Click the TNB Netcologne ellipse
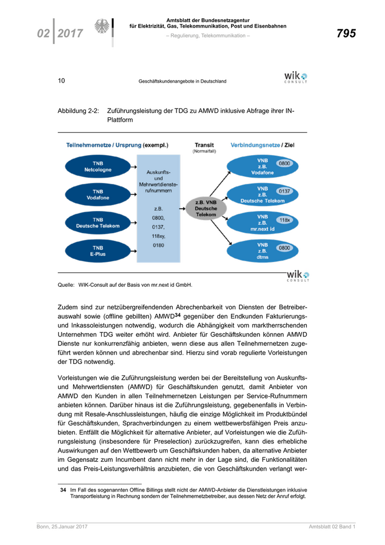click(97, 167)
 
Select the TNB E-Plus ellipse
click(97, 251)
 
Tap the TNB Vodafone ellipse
click(97, 194)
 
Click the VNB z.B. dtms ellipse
click(262, 252)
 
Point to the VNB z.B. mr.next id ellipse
click(262, 223)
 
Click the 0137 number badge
click(284, 192)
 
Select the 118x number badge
click(284, 220)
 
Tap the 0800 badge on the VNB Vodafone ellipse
click(284, 163)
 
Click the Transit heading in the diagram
click(204, 145)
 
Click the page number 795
click(346, 34)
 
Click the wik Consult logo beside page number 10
click(295, 77)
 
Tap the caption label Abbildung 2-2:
click(78, 111)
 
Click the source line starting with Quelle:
click(125, 285)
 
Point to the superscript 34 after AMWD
click(178, 315)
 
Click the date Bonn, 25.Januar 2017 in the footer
click(62, 527)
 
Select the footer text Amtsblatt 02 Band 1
click(332, 527)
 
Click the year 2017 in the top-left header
click(70, 34)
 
